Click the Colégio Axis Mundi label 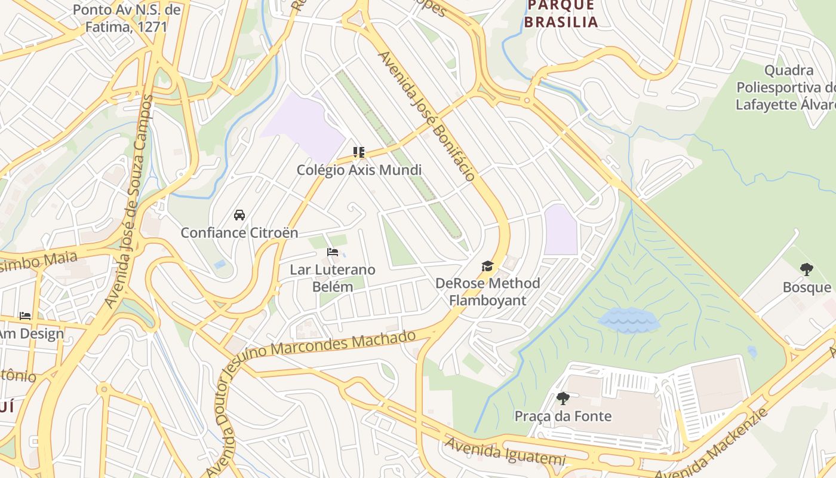pos(359,170)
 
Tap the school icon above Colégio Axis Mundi pos(358,152)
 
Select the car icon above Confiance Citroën pos(239,215)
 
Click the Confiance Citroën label pos(239,233)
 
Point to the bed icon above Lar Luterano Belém pos(333,252)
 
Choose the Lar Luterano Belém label pos(333,278)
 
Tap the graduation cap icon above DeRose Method pos(488,266)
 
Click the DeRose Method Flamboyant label pos(487,292)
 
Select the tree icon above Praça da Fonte pos(563,398)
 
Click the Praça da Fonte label pos(563,416)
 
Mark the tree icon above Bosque pos(807,269)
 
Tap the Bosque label pos(807,287)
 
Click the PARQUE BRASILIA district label pos(561,14)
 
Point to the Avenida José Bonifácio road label pos(427,116)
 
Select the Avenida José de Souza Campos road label pos(129,201)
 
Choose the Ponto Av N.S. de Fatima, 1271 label pos(126,19)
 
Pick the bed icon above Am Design pos(25,315)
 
